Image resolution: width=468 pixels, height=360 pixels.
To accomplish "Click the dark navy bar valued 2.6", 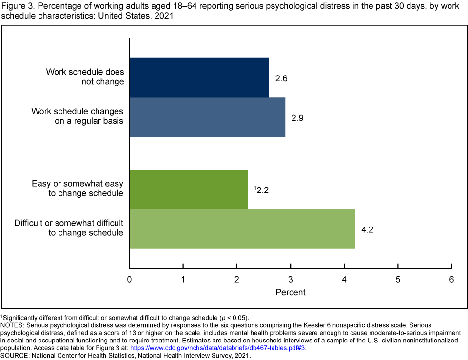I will [x=199, y=77].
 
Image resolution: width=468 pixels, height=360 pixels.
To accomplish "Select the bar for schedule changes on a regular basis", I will [x=207, y=117].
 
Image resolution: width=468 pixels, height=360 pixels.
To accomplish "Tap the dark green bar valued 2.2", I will [x=188, y=189].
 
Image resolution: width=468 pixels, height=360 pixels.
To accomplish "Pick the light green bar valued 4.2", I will [x=242, y=229].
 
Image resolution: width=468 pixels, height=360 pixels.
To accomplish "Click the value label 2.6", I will [x=281, y=78].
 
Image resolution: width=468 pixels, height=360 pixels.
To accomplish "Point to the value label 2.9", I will [x=297, y=118].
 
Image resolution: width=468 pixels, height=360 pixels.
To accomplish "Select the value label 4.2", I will [x=368, y=229].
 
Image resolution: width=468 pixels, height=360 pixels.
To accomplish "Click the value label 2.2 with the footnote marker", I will [x=262, y=190].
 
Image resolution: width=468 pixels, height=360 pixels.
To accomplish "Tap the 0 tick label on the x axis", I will [x=129, y=280].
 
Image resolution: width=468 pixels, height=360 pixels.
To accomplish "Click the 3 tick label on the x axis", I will [x=291, y=280].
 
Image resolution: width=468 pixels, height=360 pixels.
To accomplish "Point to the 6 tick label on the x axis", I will [x=451, y=280].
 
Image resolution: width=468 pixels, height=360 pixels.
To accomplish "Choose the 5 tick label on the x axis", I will [x=398, y=280].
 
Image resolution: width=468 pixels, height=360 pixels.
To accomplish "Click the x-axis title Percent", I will [x=291, y=292].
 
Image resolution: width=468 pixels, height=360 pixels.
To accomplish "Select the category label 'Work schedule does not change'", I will [x=85, y=77].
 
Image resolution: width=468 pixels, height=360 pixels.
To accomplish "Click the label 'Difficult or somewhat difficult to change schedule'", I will [x=69, y=228].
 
